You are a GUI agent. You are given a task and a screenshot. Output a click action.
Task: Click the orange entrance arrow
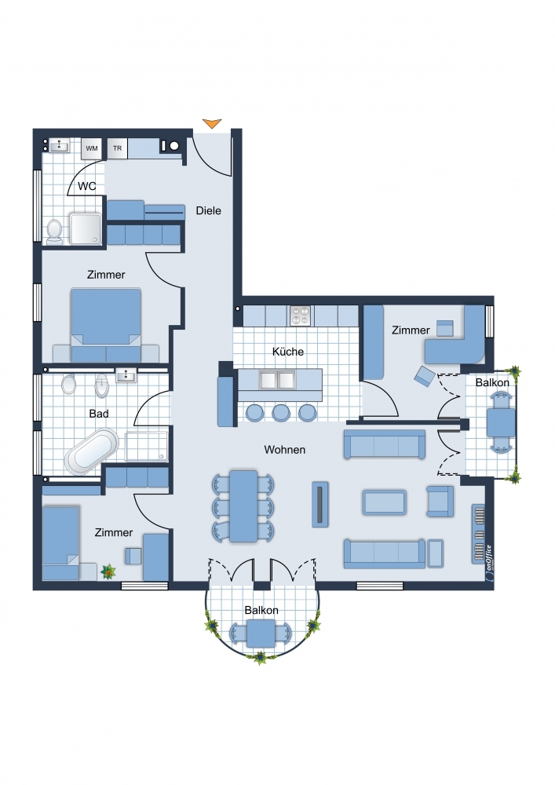[x=212, y=123]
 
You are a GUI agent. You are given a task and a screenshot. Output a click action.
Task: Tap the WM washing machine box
[x=92, y=148]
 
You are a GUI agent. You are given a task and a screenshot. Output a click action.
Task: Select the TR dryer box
[x=117, y=148]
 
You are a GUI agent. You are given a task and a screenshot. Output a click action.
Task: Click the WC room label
[x=87, y=186]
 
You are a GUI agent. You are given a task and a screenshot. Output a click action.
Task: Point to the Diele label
[x=208, y=210]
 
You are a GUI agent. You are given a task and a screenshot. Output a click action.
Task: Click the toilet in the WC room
[x=54, y=232]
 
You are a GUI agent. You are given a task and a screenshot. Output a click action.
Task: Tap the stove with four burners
[x=301, y=316]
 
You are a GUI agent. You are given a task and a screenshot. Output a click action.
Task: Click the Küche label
[x=288, y=352]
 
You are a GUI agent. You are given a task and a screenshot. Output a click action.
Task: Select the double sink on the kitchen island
[x=276, y=381]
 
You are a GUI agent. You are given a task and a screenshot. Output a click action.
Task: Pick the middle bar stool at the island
[x=281, y=412]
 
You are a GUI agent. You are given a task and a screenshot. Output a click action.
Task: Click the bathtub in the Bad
[x=92, y=452]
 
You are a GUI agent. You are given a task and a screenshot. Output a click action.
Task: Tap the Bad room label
[x=99, y=414]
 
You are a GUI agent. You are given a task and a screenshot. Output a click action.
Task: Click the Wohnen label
[x=285, y=450]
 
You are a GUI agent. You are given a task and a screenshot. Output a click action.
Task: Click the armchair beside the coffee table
[x=440, y=501]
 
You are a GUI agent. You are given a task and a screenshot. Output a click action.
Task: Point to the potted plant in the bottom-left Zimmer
[x=108, y=571]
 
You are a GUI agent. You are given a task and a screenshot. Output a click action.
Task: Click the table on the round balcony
[x=261, y=633]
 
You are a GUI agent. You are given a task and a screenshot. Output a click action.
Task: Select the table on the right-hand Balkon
[x=501, y=422]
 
